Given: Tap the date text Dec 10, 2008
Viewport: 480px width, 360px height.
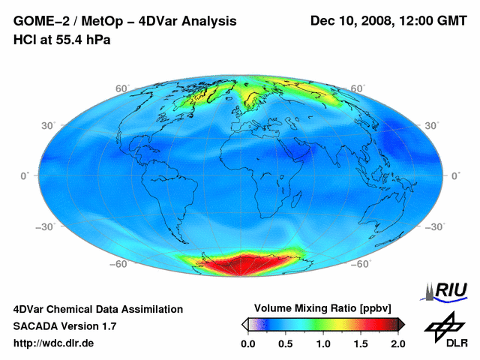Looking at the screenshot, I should tap(351, 21).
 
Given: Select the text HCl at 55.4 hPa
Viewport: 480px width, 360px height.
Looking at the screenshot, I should tap(61, 39).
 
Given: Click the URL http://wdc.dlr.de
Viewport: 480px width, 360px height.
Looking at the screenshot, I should tap(54, 343).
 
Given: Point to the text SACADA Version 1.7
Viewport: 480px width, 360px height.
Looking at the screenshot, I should tap(64, 326).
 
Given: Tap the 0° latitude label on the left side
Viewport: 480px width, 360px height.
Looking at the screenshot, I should tap(25, 175).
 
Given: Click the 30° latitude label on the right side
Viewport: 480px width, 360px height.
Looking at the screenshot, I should tap(431, 125).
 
